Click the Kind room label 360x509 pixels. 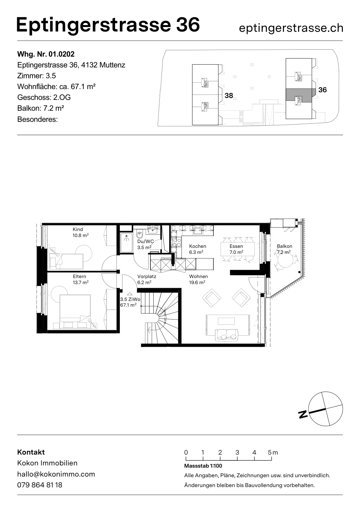pyautogui.click(x=78, y=229)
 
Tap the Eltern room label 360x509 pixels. pyautogui.click(x=80, y=276)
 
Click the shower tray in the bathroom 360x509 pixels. pyautogui.click(x=126, y=243)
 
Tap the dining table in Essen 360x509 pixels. pyautogui.click(x=238, y=249)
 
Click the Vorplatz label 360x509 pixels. pyautogui.click(x=147, y=276)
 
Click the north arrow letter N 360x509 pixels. pyautogui.click(x=303, y=414)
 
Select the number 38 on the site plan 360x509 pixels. pyautogui.click(x=229, y=96)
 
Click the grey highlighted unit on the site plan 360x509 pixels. pyautogui.click(x=301, y=95)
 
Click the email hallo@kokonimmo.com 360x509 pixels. pyautogui.click(x=56, y=474)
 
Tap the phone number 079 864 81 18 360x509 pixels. pyautogui.click(x=40, y=485)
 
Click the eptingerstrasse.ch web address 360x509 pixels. pyautogui.click(x=291, y=28)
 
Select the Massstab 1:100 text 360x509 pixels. pyautogui.click(x=203, y=466)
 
